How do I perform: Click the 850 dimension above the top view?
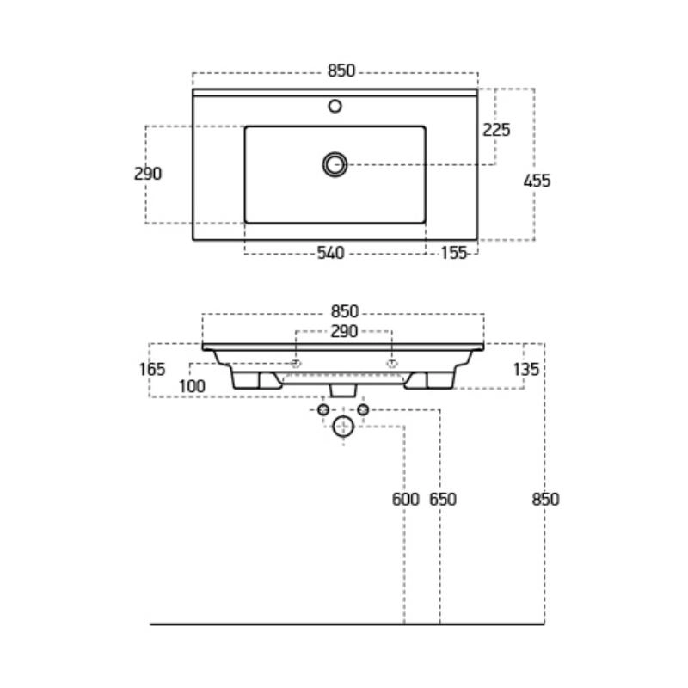(341, 71)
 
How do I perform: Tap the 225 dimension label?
(496, 130)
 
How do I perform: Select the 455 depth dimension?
(537, 181)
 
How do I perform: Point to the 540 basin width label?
(331, 253)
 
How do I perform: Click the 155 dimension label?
(454, 253)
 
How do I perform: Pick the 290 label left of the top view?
(148, 174)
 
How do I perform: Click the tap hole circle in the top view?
(335, 106)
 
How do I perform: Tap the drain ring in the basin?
(335, 165)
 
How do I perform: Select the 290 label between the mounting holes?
(345, 331)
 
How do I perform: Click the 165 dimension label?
(152, 370)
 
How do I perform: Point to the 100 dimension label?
(192, 386)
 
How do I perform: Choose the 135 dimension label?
(525, 370)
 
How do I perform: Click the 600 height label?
(405, 500)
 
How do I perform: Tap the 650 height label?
(443, 500)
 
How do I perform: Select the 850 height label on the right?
(545, 500)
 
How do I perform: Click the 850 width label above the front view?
(345, 311)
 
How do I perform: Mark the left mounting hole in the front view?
(296, 364)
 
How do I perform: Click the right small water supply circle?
(363, 410)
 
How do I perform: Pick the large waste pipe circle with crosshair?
(343, 427)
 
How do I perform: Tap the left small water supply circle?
(323, 410)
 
